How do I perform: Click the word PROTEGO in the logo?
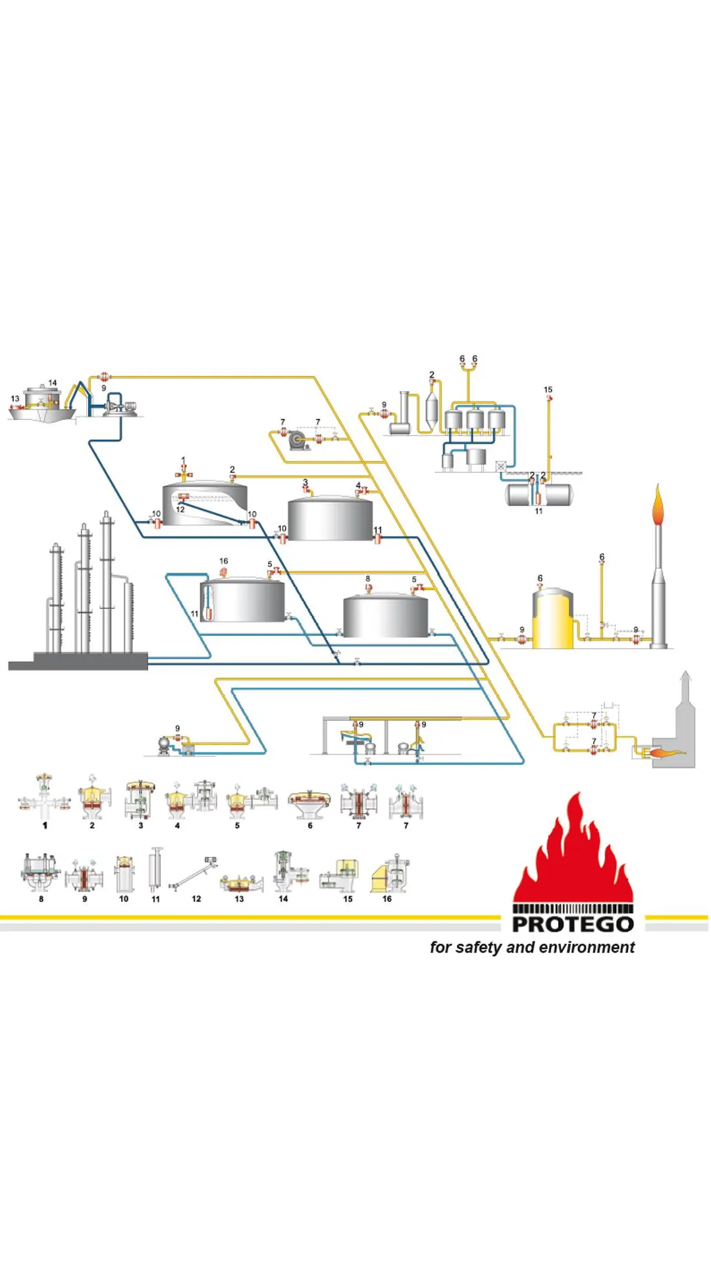(x=573, y=924)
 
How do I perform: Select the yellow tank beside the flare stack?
(x=552, y=619)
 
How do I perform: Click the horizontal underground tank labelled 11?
(x=539, y=494)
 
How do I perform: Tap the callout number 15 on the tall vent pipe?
(x=548, y=390)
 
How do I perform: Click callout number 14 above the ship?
(x=53, y=382)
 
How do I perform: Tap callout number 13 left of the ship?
(x=15, y=398)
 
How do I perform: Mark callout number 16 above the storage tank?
(x=224, y=561)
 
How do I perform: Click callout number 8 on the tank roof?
(x=368, y=579)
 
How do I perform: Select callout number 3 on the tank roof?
(x=305, y=483)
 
